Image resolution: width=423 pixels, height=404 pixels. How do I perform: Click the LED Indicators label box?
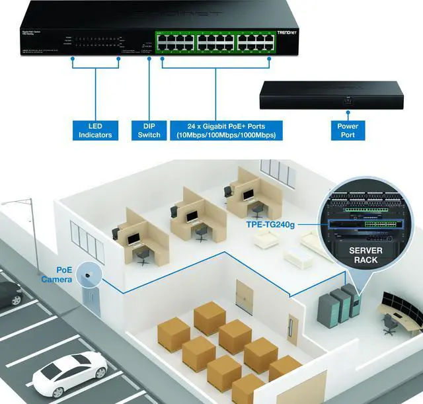coord(96,130)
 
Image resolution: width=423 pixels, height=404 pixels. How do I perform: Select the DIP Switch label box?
coord(149,130)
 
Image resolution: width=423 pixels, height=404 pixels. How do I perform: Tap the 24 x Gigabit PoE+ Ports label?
coord(227,130)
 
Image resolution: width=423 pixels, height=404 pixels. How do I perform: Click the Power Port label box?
coord(348,130)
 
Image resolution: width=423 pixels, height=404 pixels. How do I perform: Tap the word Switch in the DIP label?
coord(149,135)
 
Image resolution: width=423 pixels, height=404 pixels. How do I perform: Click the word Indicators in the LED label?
coord(96,135)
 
